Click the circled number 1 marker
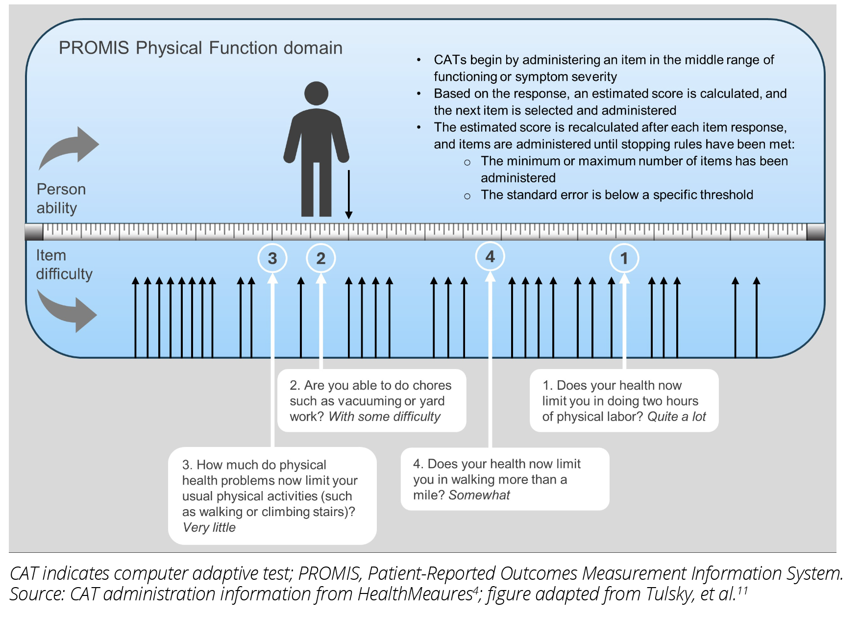pyautogui.click(x=624, y=258)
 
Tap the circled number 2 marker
pyautogui.click(x=321, y=258)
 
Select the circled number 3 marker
pyautogui.click(x=272, y=258)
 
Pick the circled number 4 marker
pyautogui.click(x=490, y=256)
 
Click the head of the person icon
pyautogui.click(x=316, y=93)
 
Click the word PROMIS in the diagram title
pyautogui.click(x=94, y=48)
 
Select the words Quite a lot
pyautogui.click(x=676, y=417)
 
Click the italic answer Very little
pyautogui.click(x=209, y=527)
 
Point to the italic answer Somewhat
pyautogui.click(x=479, y=495)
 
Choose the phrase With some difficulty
pyautogui.click(x=384, y=417)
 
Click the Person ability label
pyautogui.click(x=61, y=198)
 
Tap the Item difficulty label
pyautogui.click(x=64, y=265)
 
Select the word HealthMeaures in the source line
pyautogui.click(x=415, y=594)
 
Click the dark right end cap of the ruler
pyautogui.click(x=815, y=232)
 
